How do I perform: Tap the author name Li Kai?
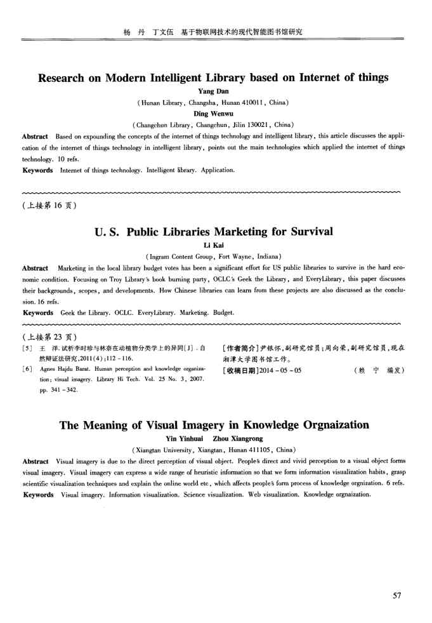click(215, 246)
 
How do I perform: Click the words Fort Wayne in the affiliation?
click(237, 257)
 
